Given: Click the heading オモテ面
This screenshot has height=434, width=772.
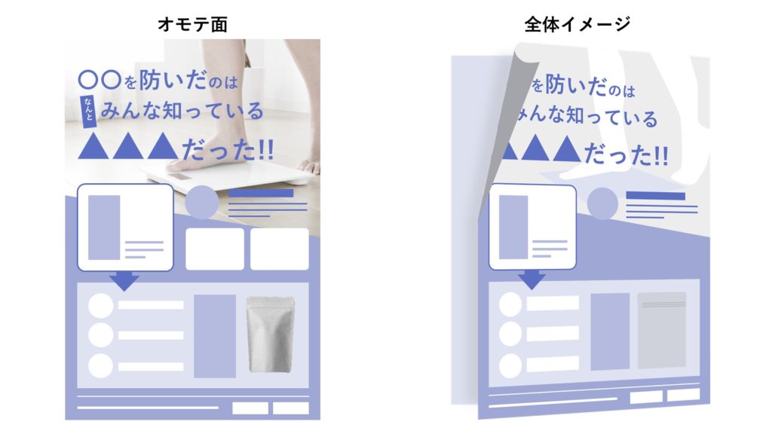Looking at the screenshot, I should [192, 25].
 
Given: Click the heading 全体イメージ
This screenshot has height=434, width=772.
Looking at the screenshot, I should [577, 25].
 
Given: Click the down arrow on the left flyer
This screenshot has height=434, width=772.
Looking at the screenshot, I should [124, 281].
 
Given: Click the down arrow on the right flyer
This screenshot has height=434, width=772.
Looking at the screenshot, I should [533, 279].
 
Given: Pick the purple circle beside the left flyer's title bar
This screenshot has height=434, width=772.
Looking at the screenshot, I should [201, 202].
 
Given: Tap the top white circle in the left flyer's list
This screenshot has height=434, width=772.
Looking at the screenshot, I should [101, 305].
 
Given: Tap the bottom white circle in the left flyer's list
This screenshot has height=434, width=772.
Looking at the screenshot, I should [101, 365].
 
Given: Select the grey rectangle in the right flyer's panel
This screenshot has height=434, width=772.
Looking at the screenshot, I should [661, 330].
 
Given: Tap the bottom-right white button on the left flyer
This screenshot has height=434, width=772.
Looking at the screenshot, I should [290, 408].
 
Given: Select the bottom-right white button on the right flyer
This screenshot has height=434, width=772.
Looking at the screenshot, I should [683, 395].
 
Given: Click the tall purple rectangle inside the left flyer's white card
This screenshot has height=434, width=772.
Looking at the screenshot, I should [104, 227].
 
